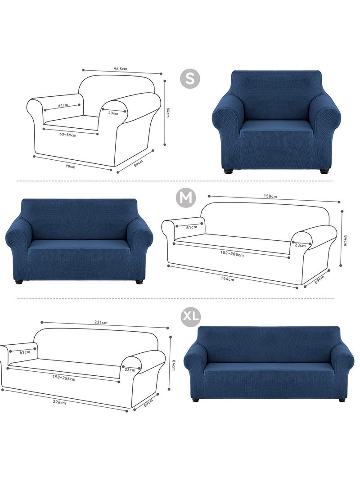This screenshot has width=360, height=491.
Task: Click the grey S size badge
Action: click(190, 79)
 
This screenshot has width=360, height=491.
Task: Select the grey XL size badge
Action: click(191, 317)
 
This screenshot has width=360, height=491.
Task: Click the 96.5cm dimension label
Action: click(121, 69)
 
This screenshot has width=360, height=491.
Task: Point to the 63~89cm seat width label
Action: click(68, 135)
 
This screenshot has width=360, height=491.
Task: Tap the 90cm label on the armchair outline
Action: click(70, 167)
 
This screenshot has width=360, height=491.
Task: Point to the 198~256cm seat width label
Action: click(63, 379)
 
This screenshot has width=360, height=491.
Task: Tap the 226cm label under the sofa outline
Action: click(59, 403)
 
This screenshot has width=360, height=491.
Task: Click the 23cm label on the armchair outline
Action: click(113, 113)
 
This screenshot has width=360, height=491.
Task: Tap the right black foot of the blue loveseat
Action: click(138, 281)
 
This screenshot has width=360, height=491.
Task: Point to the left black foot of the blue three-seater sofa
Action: click(196, 399)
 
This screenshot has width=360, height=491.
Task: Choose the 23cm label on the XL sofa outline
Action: click(130, 370)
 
